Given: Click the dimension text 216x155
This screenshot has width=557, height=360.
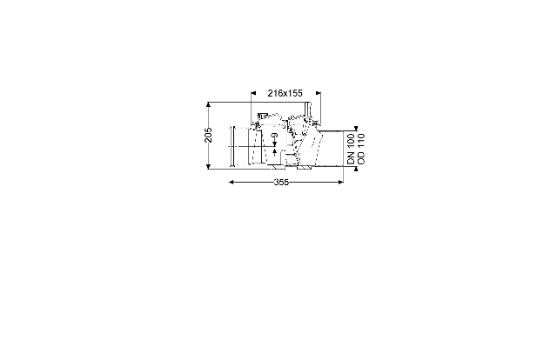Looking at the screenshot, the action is pos(285,93).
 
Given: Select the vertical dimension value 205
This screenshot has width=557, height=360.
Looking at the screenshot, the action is pos(208,135).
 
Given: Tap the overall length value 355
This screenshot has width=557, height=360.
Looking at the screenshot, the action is pos(281,182).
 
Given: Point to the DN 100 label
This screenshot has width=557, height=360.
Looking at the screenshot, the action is pos(351,149).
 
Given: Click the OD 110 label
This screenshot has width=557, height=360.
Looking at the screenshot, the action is pos(361,149).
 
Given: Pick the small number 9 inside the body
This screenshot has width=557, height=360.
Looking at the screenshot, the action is pos(275,136).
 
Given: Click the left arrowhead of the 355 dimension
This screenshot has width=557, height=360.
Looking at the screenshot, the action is pos(232,182).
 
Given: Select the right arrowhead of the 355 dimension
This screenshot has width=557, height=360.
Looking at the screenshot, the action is pos(340,182).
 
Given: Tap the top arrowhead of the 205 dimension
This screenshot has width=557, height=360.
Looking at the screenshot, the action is pos(209,104).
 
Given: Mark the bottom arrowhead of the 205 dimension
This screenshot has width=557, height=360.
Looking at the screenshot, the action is pos(209,166).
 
